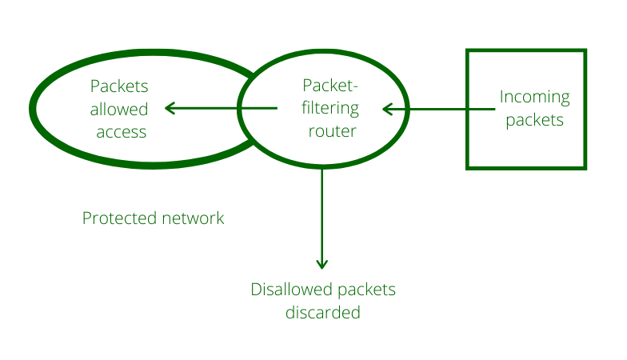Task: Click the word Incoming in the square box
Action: pos(534,98)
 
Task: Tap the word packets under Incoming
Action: pos(534,121)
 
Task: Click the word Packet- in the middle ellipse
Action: pos(329,85)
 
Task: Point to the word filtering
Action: pos(330,108)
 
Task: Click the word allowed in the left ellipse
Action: pos(119,109)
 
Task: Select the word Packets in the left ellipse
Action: pos(119,86)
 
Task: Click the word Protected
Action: pos(117,218)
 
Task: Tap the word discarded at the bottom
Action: pos(323,312)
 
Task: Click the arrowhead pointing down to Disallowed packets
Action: pos(322,263)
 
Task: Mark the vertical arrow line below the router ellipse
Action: pos(322,216)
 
